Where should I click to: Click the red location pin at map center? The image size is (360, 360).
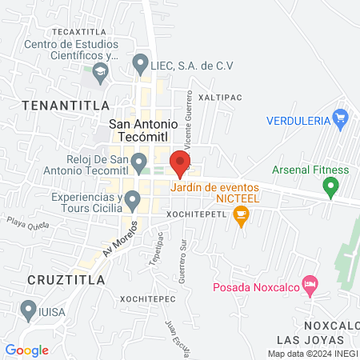tap(181, 163)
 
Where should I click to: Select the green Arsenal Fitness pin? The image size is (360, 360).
tap(330, 188)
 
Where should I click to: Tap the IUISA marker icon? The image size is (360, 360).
tap(28, 309)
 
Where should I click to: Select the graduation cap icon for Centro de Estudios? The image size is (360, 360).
tap(100, 74)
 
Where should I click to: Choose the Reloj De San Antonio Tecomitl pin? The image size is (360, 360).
tap(140, 166)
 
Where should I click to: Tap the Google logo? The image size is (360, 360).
tap(27, 350)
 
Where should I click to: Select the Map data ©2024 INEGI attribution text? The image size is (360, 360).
tap(312, 353)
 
